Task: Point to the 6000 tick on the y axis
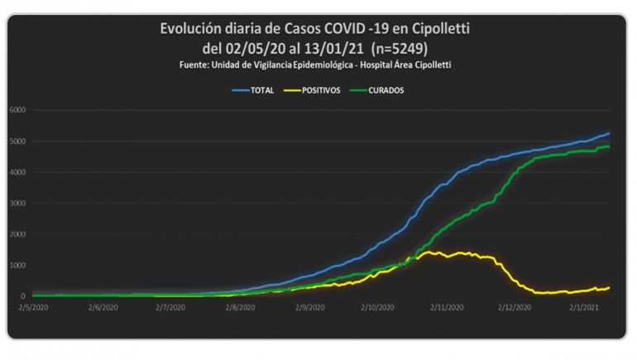pyautogui.click(x=19, y=110)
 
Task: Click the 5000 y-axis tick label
pyautogui.click(x=19, y=142)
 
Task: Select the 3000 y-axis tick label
pyautogui.click(x=19, y=204)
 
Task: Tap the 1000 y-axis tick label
pyautogui.click(x=19, y=266)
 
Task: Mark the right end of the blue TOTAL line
pyautogui.click(x=609, y=133)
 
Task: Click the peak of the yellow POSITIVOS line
pyautogui.click(x=431, y=252)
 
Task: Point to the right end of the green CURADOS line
pyautogui.click(x=609, y=146)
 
